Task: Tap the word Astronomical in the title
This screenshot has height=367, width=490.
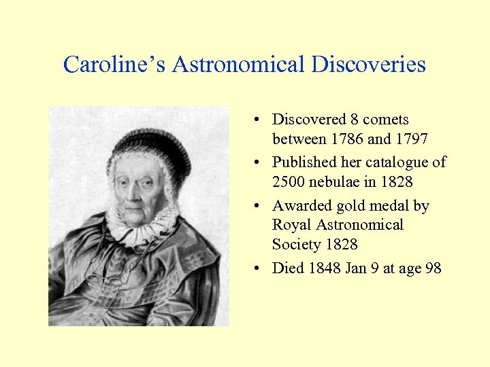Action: click(x=238, y=65)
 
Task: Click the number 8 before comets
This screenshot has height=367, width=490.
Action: click(x=355, y=120)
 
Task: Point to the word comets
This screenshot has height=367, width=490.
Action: click(x=386, y=120)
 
